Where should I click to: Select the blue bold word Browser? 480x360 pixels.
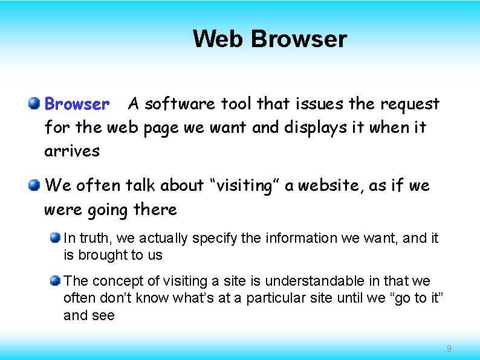click(x=77, y=104)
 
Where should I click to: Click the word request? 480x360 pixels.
click(x=409, y=104)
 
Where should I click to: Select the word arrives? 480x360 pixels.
click(x=71, y=151)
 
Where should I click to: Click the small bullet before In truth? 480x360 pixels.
click(x=56, y=237)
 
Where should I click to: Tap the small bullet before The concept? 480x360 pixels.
click(x=56, y=280)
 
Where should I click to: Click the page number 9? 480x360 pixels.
click(x=449, y=349)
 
